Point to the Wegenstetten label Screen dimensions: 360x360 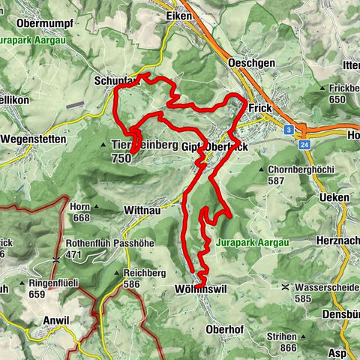pos(34,139)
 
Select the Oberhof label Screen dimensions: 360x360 pos(223,328)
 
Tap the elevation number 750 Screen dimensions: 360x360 pos(120,158)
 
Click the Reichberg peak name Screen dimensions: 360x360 pos(145,273)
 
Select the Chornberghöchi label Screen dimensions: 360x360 pos(302,170)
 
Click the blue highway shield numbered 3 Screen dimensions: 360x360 pos(288,129)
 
